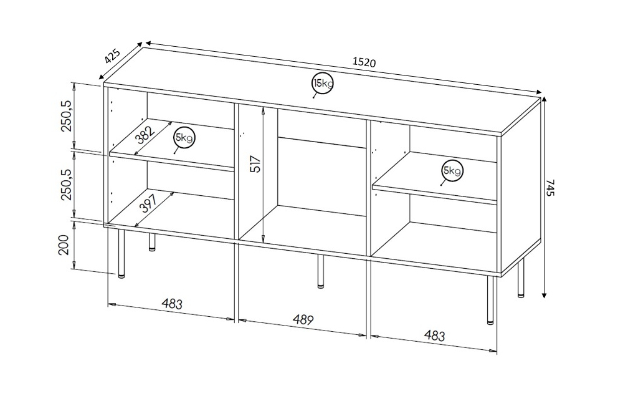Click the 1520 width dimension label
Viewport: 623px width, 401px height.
coord(364,62)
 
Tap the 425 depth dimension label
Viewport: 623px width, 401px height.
coord(112,56)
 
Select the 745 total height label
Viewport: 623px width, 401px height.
coord(549,188)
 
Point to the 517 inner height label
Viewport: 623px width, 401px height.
coord(256,163)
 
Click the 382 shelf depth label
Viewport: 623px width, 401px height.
coord(145,135)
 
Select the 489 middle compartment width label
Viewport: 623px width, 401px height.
coord(303,319)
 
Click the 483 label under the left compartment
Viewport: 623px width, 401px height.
coord(172,304)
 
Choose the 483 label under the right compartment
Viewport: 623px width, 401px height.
coord(434,336)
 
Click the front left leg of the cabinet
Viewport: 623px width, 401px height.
coord(121,253)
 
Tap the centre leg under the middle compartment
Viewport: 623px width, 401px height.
coord(321,271)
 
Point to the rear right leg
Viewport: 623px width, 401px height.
coord(521,278)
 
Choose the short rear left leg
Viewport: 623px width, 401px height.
coord(152,242)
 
